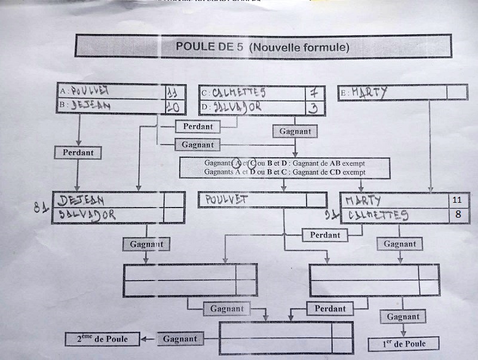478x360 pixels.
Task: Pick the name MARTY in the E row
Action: [x=370, y=92]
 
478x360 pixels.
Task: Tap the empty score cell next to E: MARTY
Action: [x=456, y=92]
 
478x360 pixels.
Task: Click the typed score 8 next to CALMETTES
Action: [x=458, y=214]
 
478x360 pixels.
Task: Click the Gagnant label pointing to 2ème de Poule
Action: [x=180, y=338]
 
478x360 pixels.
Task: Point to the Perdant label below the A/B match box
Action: [x=78, y=152]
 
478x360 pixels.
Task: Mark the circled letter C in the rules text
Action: [x=253, y=163]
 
